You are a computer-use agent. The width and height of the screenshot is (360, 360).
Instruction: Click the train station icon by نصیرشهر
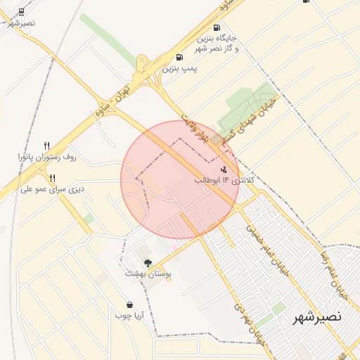point(22,11)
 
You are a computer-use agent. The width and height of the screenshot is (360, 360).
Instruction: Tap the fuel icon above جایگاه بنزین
point(216,27)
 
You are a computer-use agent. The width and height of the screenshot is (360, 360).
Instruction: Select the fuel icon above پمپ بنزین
point(180,58)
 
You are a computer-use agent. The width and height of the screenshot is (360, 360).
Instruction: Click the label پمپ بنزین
point(180,69)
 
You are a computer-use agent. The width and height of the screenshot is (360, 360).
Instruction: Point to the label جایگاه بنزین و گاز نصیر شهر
point(217,43)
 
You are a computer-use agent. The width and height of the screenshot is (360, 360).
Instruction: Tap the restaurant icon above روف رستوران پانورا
point(47,146)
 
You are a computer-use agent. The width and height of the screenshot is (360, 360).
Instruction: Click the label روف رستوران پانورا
point(47,157)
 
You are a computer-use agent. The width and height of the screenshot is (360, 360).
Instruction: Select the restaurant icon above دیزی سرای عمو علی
point(52,178)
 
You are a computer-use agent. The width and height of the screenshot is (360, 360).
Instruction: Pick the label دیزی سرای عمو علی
point(51,189)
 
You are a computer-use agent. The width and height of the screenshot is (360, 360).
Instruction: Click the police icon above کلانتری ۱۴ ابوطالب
point(224,169)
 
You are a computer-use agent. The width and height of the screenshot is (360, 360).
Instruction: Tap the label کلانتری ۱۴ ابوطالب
point(219,181)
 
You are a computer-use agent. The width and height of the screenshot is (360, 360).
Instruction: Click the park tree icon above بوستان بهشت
point(147,262)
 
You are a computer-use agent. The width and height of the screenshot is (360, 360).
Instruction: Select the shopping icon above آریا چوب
point(130,304)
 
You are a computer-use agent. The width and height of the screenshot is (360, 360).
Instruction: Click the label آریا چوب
point(130,316)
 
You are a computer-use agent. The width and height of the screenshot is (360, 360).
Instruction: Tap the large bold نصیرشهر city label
point(317,316)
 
